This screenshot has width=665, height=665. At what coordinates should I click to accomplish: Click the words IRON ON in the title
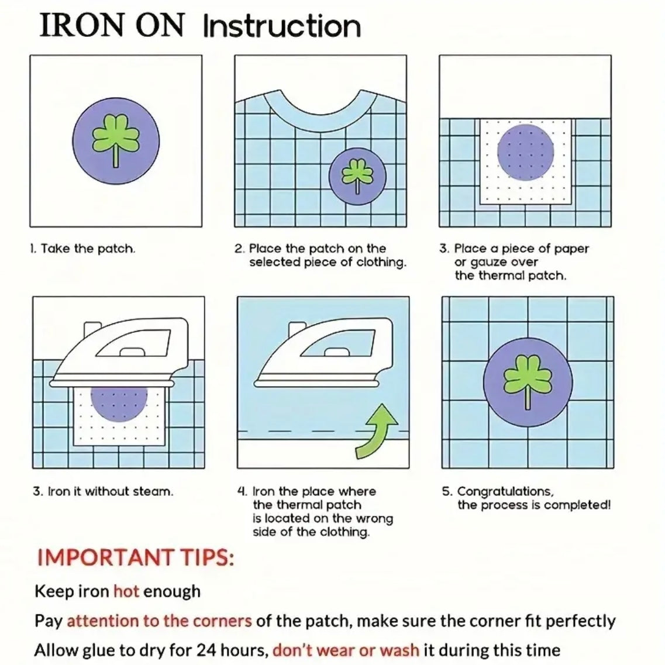coord(111,26)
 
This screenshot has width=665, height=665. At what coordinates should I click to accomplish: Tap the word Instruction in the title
coord(282,26)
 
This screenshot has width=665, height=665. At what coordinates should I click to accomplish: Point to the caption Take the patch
coord(82,249)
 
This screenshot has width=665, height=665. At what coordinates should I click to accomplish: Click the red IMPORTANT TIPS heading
coord(135,557)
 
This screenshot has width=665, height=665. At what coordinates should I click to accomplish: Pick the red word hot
coord(126,591)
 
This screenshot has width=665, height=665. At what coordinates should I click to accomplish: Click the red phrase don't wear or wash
coord(346,650)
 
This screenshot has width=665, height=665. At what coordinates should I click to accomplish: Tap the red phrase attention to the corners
coord(159,621)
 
